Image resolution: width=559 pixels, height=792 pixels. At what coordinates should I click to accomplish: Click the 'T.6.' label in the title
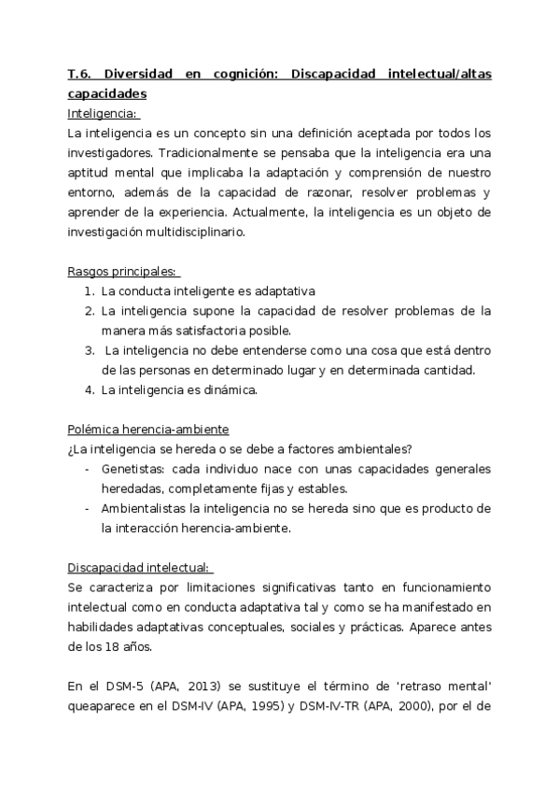coord(80,76)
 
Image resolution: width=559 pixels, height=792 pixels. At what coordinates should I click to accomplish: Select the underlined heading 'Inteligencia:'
coord(104,114)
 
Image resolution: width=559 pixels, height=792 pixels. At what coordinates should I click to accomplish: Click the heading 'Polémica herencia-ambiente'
coord(148,429)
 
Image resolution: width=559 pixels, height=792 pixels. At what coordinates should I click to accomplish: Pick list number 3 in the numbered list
coord(89,351)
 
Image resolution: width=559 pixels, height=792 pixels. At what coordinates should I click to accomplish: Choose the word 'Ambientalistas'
coord(144,508)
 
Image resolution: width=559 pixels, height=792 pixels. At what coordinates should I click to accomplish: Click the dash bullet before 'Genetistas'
coord(88,469)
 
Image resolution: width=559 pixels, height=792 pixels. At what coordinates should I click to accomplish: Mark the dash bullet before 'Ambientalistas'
coord(88,508)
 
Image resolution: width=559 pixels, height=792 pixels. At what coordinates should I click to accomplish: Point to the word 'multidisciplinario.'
coord(192,233)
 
